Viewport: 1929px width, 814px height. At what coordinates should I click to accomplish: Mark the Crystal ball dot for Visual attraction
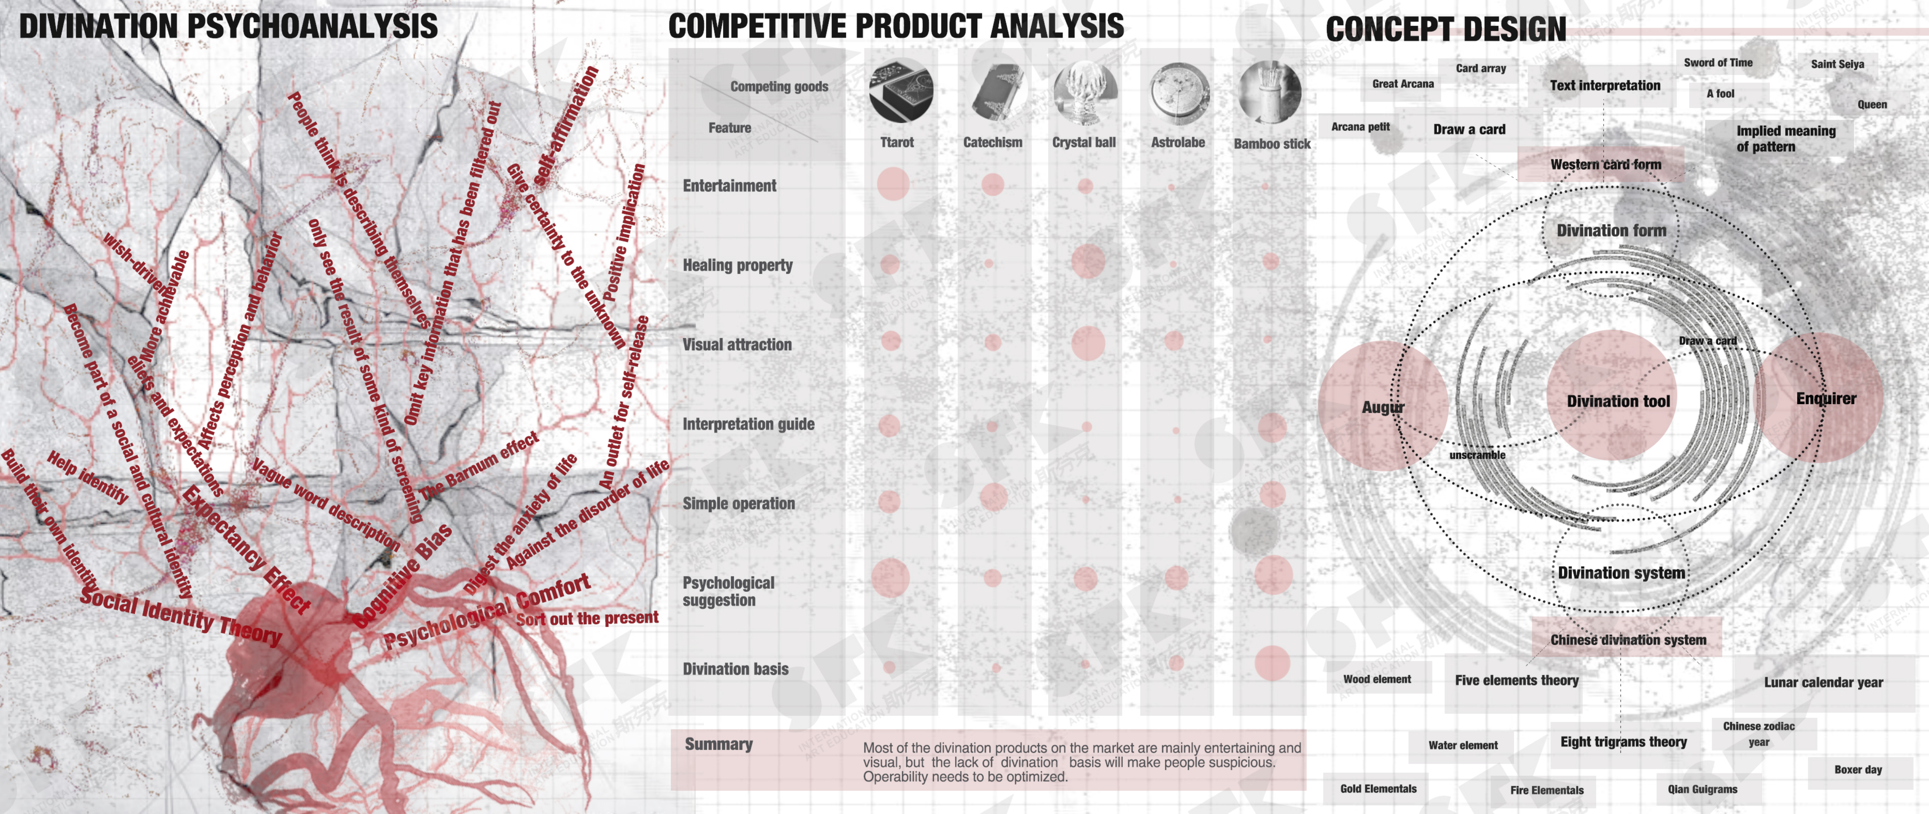tap(1087, 343)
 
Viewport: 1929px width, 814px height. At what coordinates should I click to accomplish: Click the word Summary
tap(718, 743)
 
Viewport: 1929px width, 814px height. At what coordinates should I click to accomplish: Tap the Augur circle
tap(1382, 407)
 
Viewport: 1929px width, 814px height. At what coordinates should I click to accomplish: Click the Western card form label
tap(1605, 164)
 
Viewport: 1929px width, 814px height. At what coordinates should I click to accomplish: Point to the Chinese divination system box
tap(1627, 640)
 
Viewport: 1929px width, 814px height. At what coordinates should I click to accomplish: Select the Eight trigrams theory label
tap(1623, 742)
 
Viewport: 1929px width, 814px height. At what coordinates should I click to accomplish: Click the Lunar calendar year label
tap(1823, 682)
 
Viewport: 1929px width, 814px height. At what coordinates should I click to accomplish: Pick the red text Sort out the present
tap(587, 619)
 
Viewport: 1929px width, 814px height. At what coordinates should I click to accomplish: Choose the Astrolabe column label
tap(1177, 142)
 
